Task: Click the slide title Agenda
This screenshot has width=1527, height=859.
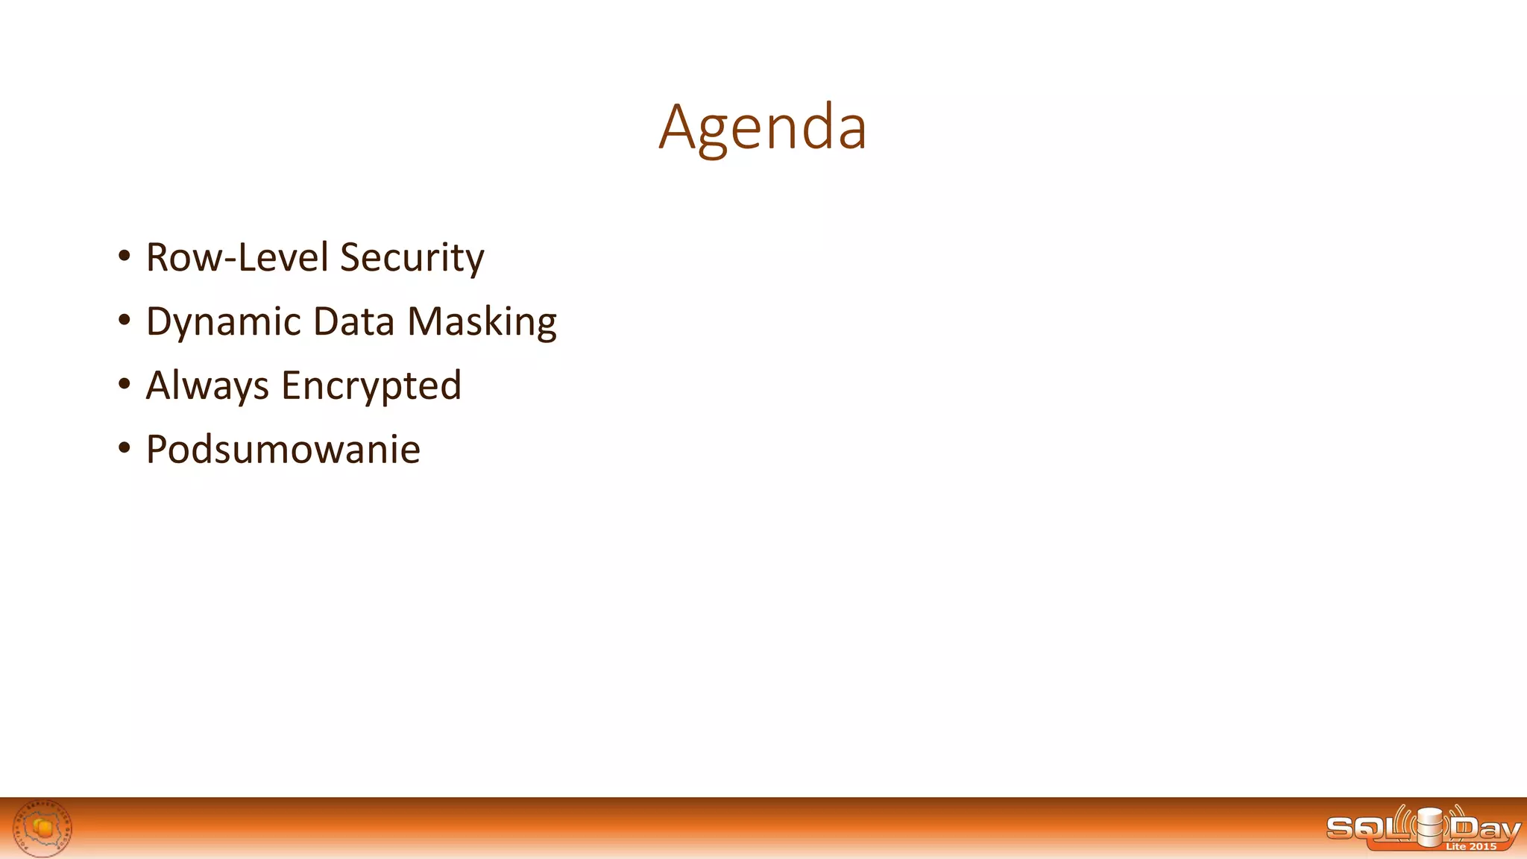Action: [x=763, y=128]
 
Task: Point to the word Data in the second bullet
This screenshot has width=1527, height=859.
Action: [x=353, y=321]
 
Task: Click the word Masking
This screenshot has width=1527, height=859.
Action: [x=482, y=323]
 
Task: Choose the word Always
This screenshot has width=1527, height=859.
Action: [x=207, y=386]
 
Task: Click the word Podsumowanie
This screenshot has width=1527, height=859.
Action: [x=283, y=450]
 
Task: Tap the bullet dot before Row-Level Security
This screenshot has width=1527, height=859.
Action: [x=125, y=257]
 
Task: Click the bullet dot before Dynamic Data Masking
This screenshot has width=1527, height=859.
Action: [x=125, y=321]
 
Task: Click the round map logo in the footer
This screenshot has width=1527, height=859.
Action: [x=43, y=828]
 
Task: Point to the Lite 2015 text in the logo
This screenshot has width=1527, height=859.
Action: [x=1470, y=846]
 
